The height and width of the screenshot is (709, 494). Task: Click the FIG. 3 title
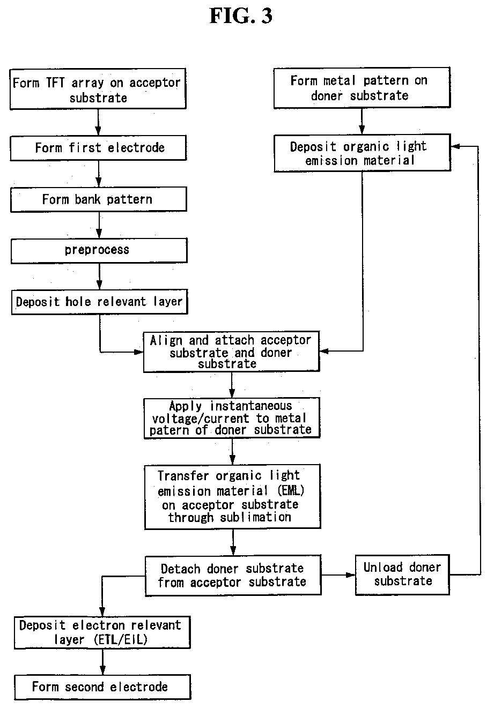(x=241, y=16)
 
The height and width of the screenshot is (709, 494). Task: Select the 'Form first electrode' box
(x=98, y=148)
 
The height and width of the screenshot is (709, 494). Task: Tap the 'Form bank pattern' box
(x=99, y=199)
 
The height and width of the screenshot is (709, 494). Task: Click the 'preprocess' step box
(x=99, y=251)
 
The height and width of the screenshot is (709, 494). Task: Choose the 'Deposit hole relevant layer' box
(x=99, y=302)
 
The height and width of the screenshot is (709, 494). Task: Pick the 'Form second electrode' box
(x=102, y=687)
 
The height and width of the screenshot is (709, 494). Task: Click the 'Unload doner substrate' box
(x=402, y=575)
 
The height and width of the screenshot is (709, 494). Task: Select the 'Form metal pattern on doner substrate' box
(x=362, y=88)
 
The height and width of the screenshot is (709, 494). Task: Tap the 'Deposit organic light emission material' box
(x=362, y=153)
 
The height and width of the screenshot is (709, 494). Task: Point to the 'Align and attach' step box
(x=231, y=352)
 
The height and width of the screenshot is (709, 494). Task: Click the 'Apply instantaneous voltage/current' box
(x=232, y=418)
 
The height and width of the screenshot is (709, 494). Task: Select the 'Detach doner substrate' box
(x=233, y=576)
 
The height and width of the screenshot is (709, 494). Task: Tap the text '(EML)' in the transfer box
(x=291, y=490)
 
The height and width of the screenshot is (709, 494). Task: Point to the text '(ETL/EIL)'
(x=121, y=640)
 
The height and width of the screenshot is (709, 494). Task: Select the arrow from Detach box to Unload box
(x=338, y=575)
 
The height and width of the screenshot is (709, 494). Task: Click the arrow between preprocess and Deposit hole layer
(x=99, y=277)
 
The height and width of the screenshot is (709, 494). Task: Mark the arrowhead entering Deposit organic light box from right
(x=455, y=146)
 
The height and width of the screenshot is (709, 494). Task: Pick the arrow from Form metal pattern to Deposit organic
(x=362, y=121)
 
